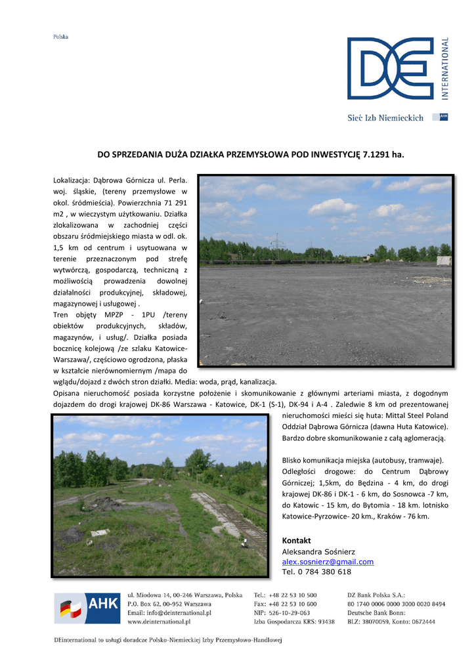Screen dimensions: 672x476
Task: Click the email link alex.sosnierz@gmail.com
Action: (x=328, y=562)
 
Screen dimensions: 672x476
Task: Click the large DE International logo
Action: (x=390, y=68)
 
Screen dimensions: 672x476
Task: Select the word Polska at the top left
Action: (x=60, y=37)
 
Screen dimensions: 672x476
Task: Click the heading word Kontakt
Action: (x=296, y=540)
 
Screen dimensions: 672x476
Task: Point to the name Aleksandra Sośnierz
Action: (x=318, y=551)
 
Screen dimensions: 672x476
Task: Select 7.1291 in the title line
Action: (x=376, y=156)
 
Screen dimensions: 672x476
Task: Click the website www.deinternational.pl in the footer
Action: (x=159, y=621)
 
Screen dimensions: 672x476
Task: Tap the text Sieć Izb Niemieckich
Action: (x=385, y=118)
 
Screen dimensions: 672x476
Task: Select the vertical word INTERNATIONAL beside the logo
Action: (x=445, y=68)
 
